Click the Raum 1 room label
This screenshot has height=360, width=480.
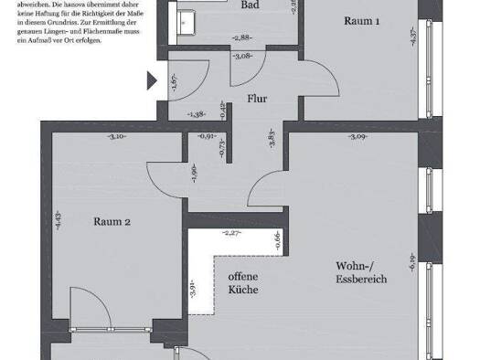tap(361, 21)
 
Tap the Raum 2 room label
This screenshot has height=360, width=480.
tap(113, 221)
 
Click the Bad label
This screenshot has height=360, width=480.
tap(249, 5)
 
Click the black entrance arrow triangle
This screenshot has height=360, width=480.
tap(151, 80)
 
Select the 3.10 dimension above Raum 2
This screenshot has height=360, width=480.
tap(117, 137)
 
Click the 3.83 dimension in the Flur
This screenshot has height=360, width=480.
tap(272, 141)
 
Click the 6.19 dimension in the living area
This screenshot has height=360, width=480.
tap(412, 263)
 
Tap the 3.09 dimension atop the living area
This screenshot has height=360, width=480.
tap(357, 137)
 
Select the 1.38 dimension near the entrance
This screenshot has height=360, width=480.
tap(195, 114)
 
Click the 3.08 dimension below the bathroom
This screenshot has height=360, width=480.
tap(242, 57)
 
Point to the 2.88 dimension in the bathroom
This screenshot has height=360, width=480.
tap(241, 37)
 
